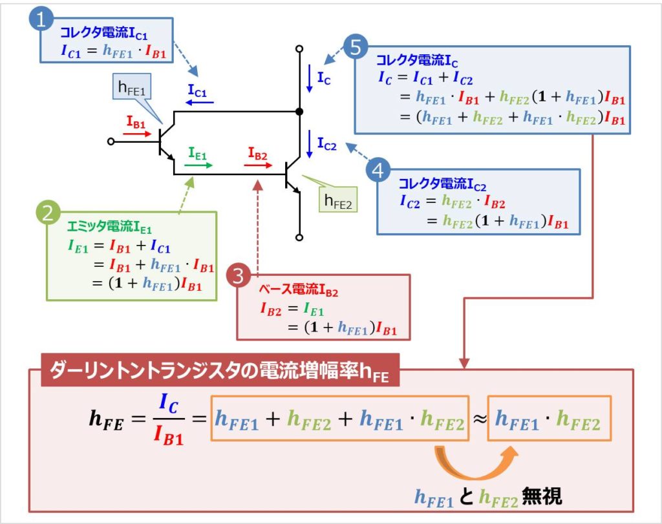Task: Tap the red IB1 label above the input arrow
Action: click(136, 121)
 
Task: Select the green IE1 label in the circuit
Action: click(198, 152)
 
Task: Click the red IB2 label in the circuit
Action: click(257, 152)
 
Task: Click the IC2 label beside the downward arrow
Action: click(326, 145)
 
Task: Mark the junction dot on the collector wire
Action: click(299, 112)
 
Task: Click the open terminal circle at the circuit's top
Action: click(299, 48)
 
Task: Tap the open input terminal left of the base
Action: click(111, 141)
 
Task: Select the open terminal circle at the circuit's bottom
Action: click(299, 236)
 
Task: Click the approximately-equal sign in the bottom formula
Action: click(478, 423)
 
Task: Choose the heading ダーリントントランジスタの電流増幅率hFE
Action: click(220, 373)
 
